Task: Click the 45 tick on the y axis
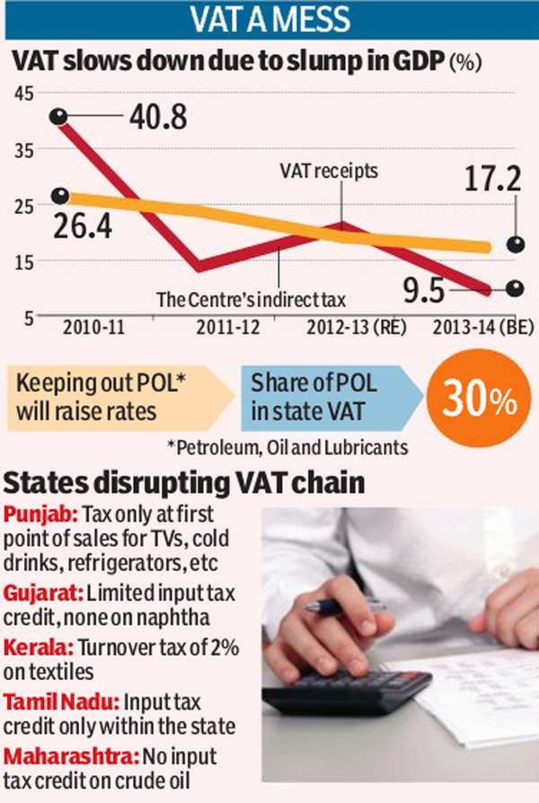tap(22, 93)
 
